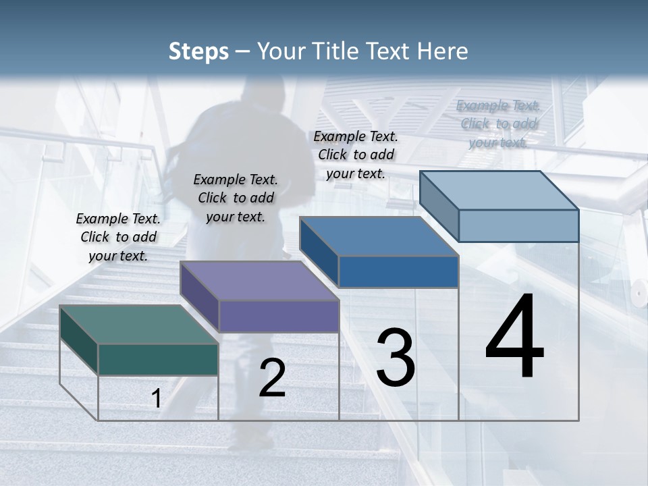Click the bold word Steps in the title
tap(198, 51)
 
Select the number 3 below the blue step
tap(396, 358)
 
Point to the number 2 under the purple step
tap(272, 378)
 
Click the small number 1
tap(156, 399)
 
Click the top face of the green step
tap(138, 325)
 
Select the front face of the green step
tap(158, 359)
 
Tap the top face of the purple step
tap(259, 281)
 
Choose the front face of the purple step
tap(279, 316)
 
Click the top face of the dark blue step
tap(379, 236)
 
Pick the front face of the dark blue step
tap(398, 271)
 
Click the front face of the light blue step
tap(518, 225)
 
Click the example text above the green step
tap(118, 237)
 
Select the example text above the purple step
tap(236, 198)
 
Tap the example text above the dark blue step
tap(356, 155)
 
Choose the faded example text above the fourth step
tap(497, 124)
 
